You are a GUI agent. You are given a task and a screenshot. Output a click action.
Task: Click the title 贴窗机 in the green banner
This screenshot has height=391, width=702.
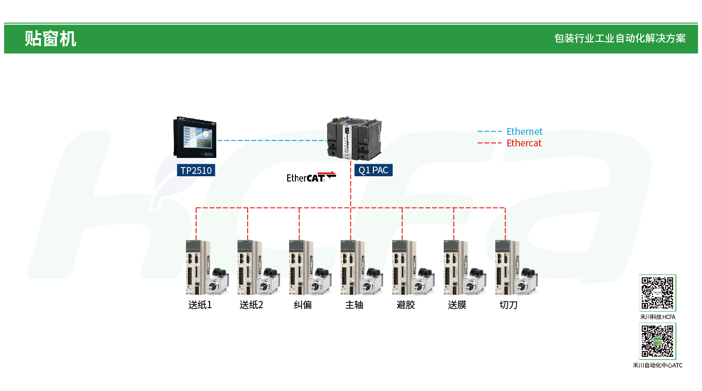pyautogui.click(x=50, y=39)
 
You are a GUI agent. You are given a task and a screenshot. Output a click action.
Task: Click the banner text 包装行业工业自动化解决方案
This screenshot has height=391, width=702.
pyautogui.click(x=620, y=39)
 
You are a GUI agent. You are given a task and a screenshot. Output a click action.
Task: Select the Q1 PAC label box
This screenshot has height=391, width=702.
pyautogui.click(x=373, y=170)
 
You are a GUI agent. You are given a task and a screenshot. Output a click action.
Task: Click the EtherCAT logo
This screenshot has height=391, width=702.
pyautogui.click(x=311, y=177)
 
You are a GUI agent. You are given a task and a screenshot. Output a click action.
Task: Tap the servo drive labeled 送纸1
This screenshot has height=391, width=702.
pyautogui.click(x=194, y=267)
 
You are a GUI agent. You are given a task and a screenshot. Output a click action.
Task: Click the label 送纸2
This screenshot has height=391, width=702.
pyautogui.click(x=252, y=305)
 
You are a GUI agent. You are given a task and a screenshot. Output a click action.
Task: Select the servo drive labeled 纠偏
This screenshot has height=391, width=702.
pyautogui.click(x=297, y=267)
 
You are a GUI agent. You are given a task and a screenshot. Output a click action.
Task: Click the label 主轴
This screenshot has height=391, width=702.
pyautogui.click(x=354, y=305)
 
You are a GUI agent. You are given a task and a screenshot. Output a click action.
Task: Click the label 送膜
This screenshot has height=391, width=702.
pyautogui.click(x=457, y=305)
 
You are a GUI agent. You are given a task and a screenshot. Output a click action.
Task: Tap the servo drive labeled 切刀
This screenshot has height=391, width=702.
pyautogui.click(x=503, y=267)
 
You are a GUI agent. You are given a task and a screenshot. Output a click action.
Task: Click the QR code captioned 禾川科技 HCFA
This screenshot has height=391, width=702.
pyautogui.click(x=658, y=293)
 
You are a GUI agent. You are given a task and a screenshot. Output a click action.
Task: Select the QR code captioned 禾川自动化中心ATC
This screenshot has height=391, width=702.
pyautogui.click(x=658, y=341)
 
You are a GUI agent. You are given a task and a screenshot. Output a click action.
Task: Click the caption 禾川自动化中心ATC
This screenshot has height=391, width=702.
pyautogui.click(x=658, y=365)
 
